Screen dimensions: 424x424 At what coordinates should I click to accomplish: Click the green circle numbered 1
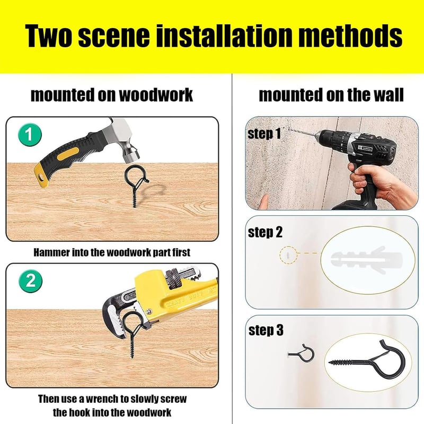[x=30, y=135]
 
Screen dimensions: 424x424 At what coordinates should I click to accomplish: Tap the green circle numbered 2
[x=30, y=280]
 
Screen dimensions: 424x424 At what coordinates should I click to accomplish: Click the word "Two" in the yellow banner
[x=49, y=36]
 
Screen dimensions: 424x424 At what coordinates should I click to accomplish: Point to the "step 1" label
[x=264, y=134]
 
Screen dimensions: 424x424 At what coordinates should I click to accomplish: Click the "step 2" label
[x=265, y=232]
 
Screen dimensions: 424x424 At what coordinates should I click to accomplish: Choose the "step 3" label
[x=266, y=330]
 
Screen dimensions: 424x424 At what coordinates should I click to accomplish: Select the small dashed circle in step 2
[x=288, y=255]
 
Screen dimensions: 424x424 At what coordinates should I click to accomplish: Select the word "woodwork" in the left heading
[x=156, y=95]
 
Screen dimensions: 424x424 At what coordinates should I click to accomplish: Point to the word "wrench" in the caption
[x=100, y=399]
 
